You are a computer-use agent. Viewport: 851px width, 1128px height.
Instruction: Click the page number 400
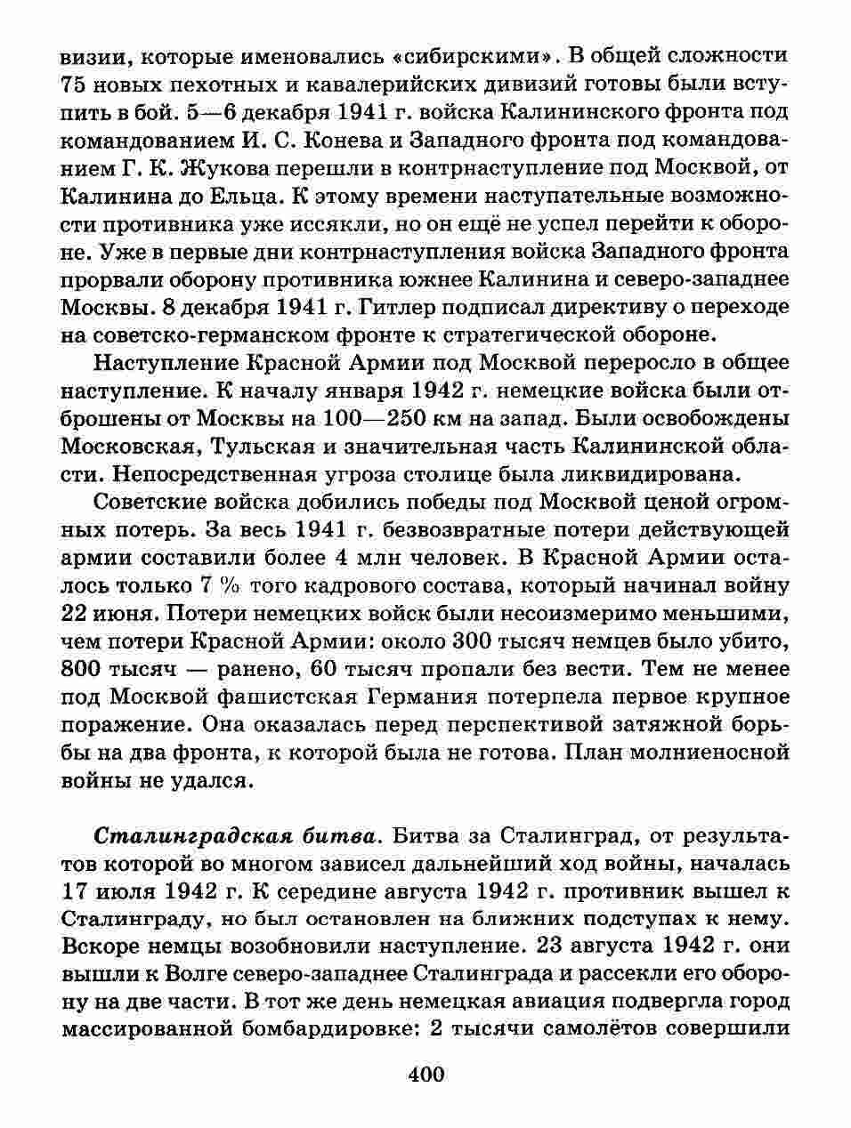[425, 1073]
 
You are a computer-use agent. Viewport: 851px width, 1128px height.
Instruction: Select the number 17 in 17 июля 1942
[77, 890]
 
